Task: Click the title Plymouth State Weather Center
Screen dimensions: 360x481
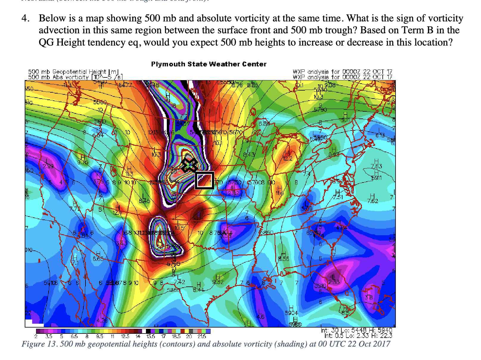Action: (208, 64)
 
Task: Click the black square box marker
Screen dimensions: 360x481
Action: (204, 180)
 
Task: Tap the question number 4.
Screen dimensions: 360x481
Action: (25, 18)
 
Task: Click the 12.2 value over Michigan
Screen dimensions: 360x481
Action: (288, 158)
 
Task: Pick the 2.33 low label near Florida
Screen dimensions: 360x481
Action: (334, 282)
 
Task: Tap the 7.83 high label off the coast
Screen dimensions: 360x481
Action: (376, 166)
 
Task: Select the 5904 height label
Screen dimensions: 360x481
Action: (291, 313)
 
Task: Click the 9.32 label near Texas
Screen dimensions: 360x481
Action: (218, 282)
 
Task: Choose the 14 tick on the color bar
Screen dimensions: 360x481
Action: (138, 336)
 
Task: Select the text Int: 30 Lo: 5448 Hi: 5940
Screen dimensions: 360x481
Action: (357, 330)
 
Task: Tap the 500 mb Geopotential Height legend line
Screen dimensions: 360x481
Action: (73, 72)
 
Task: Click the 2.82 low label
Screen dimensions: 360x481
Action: (233, 193)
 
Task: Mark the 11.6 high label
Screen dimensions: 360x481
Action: (279, 193)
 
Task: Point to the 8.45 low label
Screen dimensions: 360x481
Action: (145, 201)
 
